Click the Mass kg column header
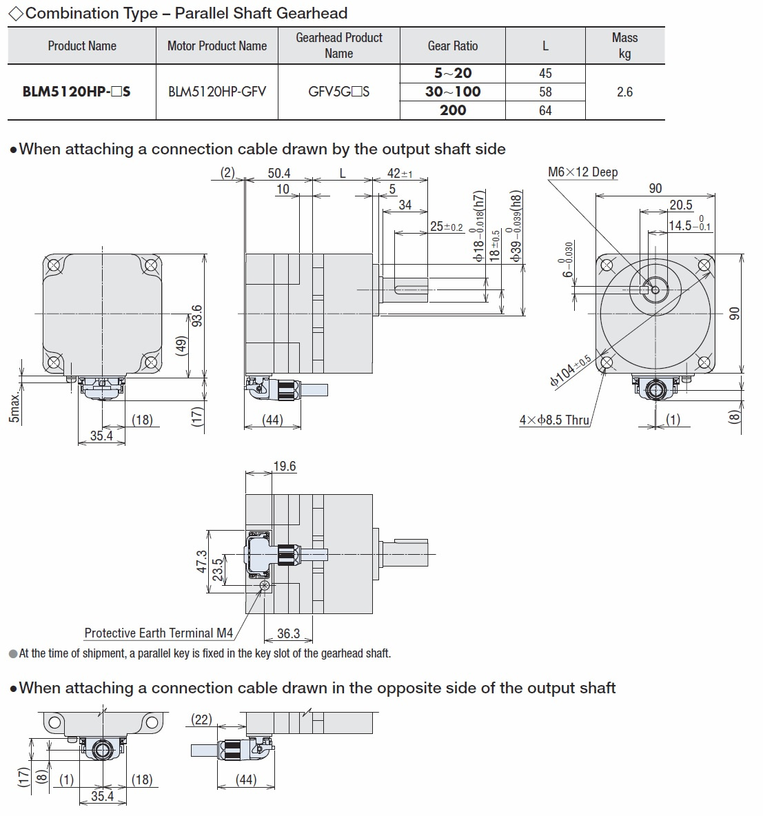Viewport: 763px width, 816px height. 624,45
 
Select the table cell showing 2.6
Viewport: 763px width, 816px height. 624,92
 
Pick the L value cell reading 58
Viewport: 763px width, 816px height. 545,92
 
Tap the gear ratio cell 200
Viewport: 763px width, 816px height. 453,110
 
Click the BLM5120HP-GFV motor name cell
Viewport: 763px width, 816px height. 217,92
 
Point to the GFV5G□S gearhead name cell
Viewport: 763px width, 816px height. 339,92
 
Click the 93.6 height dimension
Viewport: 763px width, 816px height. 196,316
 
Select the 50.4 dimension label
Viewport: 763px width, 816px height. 279,173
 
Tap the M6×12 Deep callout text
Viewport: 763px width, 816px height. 583,172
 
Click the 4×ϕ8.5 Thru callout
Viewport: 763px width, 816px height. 554,420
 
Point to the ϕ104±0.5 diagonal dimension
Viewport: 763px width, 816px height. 571,371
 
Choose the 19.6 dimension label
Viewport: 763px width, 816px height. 285,466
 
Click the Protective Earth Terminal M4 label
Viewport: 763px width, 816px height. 159,633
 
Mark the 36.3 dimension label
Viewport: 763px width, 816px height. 288,633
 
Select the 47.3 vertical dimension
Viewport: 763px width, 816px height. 201,562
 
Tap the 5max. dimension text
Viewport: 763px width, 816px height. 14,407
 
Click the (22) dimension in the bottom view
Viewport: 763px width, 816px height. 202,720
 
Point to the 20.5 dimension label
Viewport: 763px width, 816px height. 681,205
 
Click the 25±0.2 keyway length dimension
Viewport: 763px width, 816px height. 447,226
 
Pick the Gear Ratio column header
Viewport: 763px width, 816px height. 453,45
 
